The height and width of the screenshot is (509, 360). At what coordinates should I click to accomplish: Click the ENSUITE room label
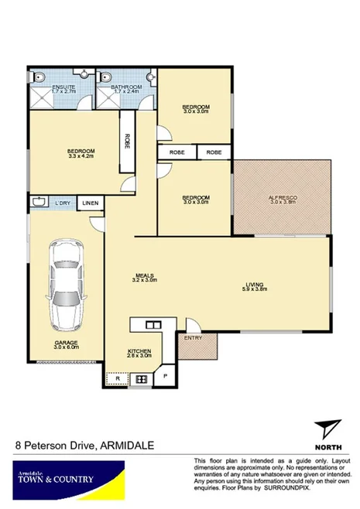point(63,88)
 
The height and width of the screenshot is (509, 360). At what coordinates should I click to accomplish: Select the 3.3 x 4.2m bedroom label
point(81,152)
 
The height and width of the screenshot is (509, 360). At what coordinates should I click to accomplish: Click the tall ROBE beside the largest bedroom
point(126,142)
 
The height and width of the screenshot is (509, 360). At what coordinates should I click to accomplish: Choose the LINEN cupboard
point(91,203)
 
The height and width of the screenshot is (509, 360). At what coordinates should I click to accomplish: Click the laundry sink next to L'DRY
point(40,202)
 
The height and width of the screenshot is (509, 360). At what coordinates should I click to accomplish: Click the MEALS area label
point(146,275)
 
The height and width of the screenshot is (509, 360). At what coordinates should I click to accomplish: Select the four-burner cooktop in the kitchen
point(142,378)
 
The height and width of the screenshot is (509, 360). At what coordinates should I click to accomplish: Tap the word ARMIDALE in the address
point(129,445)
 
